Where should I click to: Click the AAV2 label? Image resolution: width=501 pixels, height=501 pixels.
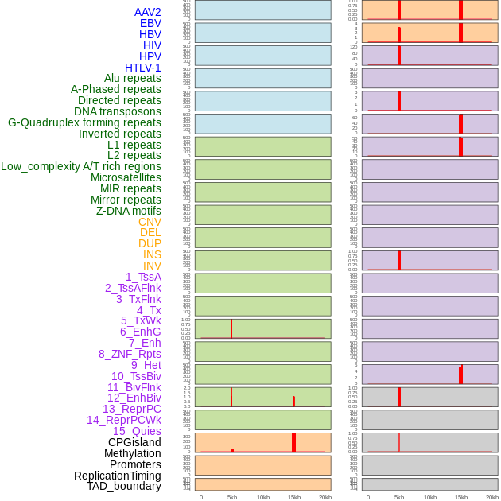coord(148,12)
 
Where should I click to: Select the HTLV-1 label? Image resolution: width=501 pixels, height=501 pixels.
coord(143,68)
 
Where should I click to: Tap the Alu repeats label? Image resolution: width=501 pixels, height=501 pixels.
coord(133,78)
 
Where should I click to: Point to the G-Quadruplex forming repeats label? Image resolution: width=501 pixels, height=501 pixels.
coord(84,122)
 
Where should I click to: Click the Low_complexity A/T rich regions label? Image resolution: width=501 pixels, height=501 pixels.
coord(81,166)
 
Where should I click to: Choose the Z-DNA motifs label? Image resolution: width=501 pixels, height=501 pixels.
coord(129,211)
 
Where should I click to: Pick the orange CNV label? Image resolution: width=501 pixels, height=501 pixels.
coord(150,222)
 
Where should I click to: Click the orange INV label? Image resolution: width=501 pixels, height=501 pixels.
coord(152,266)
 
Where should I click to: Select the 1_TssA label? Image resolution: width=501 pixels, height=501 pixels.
coord(143,277)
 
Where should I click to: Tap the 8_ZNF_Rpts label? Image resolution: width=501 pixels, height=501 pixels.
coord(130,354)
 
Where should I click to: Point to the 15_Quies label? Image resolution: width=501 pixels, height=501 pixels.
coord(137,431)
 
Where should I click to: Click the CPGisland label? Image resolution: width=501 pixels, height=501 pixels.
coord(134,442)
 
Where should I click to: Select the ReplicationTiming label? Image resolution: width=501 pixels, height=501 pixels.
coord(118,476)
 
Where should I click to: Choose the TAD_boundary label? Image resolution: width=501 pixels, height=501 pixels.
coord(124,486)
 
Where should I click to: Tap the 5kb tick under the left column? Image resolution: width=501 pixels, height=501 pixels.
coord(232,497)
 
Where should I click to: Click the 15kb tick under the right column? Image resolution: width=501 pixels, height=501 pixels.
coord(461,497)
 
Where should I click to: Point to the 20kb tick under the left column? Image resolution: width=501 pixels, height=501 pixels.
coord(325,497)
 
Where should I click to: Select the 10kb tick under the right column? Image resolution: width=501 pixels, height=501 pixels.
coord(430,497)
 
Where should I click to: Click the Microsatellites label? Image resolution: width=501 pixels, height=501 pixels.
coord(126,177)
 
